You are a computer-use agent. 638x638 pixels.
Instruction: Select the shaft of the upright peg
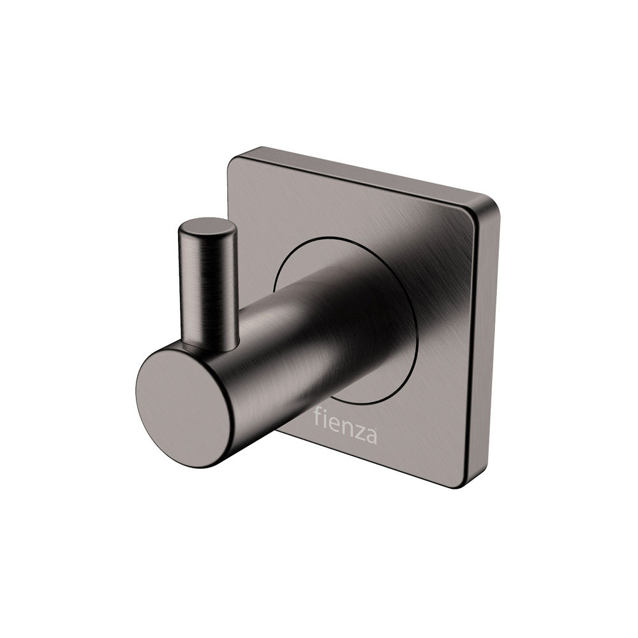205,287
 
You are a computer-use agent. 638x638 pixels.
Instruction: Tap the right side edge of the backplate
485,345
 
